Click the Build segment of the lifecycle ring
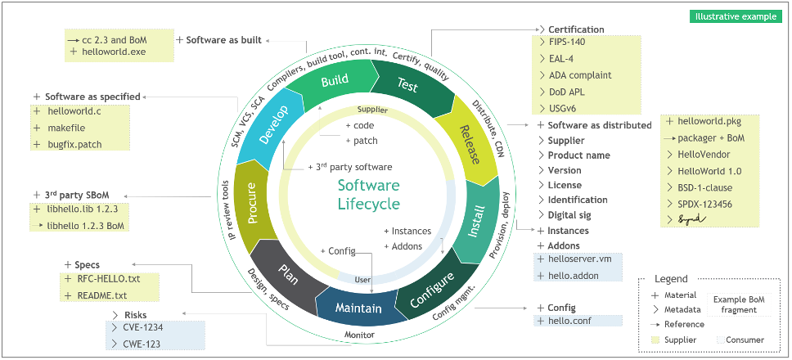[335, 81]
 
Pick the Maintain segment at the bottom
[358, 308]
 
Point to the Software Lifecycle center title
[369, 195]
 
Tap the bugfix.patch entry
[79, 144]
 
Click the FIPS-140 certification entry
[567, 41]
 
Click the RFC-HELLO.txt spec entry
[107, 279]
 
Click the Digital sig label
[574, 215]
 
